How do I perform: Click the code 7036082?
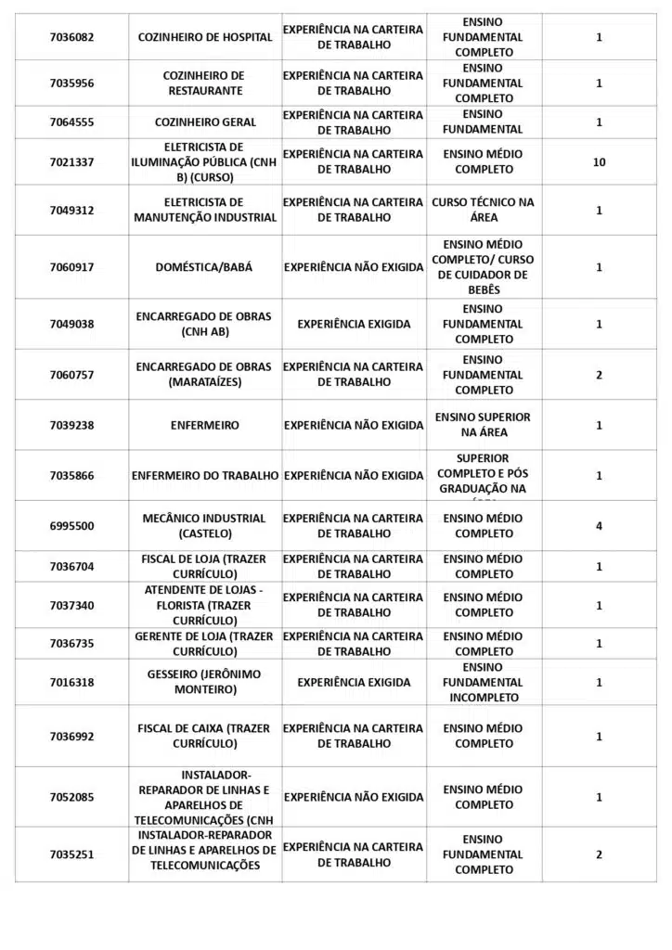[71, 37]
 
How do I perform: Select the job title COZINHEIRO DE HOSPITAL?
[205, 37]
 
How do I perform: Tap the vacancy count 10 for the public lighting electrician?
[599, 162]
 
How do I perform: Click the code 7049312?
[71, 211]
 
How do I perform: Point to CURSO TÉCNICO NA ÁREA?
[484, 211]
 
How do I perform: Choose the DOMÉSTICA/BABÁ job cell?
[205, 267]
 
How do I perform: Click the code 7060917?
[71, 267]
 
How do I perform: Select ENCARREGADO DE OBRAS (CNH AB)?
[205, 324]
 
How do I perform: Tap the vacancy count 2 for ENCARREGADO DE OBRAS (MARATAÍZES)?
[599, 375]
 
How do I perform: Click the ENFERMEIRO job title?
[205, 425]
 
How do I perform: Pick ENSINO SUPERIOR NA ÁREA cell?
[484, 425]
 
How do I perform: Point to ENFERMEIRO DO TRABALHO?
[205, 476]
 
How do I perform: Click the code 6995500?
[71, 526]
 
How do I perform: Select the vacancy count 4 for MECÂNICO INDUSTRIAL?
[599, 526]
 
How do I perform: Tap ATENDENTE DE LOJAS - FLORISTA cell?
[205, 605]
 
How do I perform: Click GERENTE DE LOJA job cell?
[205, 644]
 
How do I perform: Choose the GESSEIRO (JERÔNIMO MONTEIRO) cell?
[205, 682]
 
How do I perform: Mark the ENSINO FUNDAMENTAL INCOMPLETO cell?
[484, 682]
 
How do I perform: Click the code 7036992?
[71, 737]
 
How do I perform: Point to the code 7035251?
[71, 854]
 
